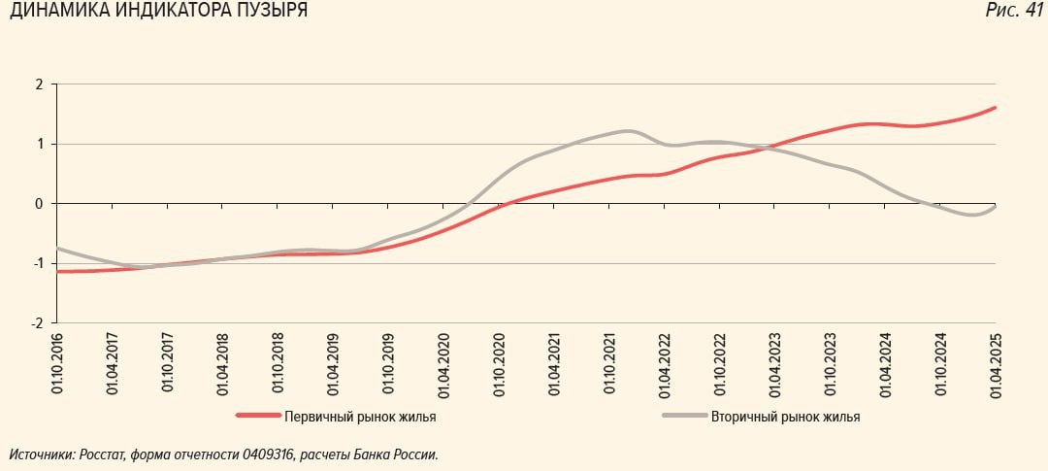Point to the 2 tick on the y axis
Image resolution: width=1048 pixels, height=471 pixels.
point(40,84)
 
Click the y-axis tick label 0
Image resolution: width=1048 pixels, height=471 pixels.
point(40,204)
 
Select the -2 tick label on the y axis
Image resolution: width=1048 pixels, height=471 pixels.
point(37,323)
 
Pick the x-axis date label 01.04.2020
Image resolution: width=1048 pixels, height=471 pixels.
point(442,362)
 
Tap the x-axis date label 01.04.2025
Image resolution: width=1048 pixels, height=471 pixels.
point(995,362)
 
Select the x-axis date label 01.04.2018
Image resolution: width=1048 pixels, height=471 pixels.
point(223,362)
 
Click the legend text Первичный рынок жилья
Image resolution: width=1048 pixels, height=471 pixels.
point(360,418)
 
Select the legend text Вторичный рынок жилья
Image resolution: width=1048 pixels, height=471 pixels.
point(785,418)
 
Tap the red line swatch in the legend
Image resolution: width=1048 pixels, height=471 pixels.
point(256,417)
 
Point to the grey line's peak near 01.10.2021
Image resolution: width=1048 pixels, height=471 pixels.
point(627,130)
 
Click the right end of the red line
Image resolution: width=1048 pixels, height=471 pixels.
point(995,108)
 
